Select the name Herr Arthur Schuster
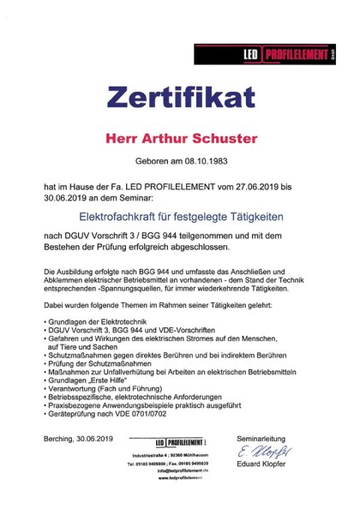pyautogui.click(x=180, y=136)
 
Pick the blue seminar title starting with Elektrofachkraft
pyautogui.click(x=179, y=219)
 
